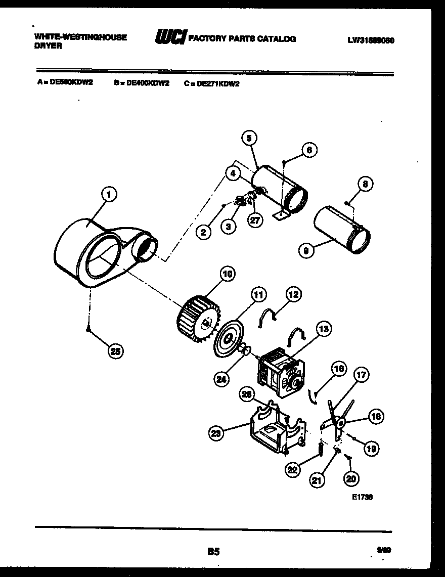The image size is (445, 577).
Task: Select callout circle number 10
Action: pyautogui.click(x=228, y=274)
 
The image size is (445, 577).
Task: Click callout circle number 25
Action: pyautogui.click(x=116, y=352)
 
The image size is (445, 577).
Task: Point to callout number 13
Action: pyautogui.click(x=324, y=330)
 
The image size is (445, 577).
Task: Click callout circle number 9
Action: pyautogui.click(x=304, y=249)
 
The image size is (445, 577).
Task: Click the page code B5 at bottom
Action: pyautogui.click(x=213, y=552)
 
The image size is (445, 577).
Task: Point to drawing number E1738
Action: pyautogui.click(x=362, y=497)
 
